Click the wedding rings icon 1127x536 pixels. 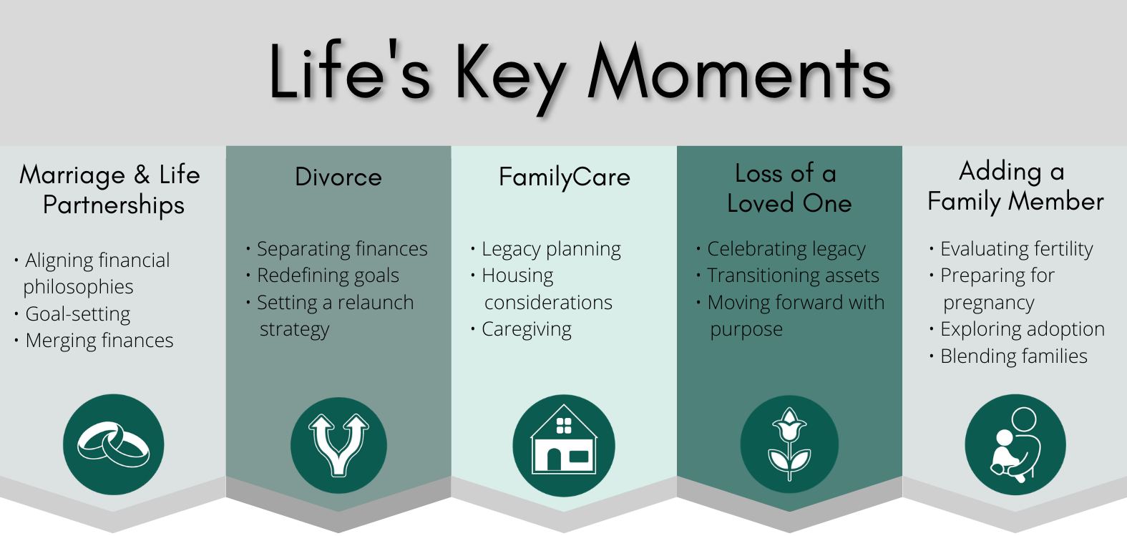(113, 445)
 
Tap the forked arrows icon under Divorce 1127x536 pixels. (338, 445)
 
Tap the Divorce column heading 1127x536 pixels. (338, 177)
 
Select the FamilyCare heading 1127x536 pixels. (565, 177)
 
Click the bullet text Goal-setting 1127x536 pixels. (78, 314)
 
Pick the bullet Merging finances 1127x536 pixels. (99, 341)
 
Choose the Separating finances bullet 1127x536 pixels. (342, 249)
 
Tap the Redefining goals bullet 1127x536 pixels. (328, 276)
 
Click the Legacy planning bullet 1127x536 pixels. (552, 249)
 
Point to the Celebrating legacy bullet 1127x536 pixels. (786, 249)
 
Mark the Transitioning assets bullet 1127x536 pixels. (794, 276)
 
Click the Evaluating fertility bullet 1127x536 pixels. (1017, 249)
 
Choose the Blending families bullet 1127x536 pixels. (1015, 356)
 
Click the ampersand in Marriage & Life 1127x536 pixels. (142, 175)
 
